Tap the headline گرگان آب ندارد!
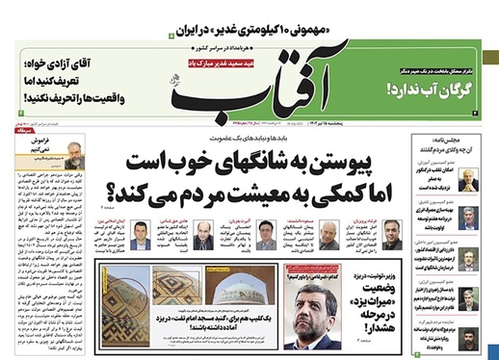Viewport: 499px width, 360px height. (x=435, y=89)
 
